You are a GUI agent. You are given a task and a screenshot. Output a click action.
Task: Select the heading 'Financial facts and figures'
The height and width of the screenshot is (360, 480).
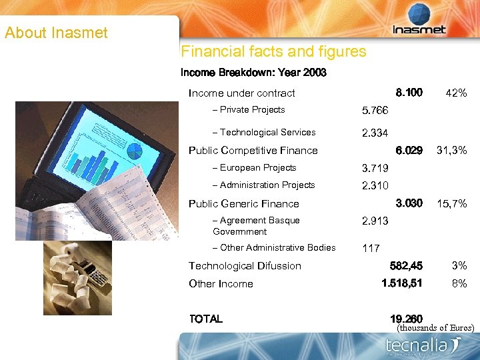tap(273, 51)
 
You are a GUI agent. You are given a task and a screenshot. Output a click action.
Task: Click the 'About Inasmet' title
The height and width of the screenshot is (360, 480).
tap(56, 33)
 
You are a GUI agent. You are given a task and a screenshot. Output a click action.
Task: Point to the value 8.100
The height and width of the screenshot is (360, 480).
tap(409, 92)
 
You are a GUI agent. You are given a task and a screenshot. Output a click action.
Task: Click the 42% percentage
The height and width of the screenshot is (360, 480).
tap(456, 93)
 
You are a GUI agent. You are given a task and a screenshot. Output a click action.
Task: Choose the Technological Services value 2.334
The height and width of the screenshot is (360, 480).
tap(375, 133)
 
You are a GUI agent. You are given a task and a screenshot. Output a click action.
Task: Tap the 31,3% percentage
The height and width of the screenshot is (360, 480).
tap(451, 151)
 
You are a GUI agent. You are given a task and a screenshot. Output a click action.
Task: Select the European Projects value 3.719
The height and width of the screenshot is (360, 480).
tap(375, 169)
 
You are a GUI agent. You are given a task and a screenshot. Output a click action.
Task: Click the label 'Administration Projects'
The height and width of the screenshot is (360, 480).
tap(267, 185)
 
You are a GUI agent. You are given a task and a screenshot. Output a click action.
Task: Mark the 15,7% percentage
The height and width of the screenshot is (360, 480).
tap(451, 203)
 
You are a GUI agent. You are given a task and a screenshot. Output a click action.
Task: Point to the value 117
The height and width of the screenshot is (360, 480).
tap(371, 249)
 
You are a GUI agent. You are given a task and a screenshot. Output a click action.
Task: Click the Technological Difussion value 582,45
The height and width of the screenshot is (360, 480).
tap(405, 266)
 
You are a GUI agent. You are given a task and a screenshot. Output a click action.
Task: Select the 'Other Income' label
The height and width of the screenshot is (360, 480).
tap(221, 283)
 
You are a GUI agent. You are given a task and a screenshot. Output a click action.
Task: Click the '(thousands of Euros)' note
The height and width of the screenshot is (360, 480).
tap(435, 328)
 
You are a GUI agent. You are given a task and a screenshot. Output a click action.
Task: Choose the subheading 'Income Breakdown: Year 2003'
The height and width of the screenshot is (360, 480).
tap(253, 72)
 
